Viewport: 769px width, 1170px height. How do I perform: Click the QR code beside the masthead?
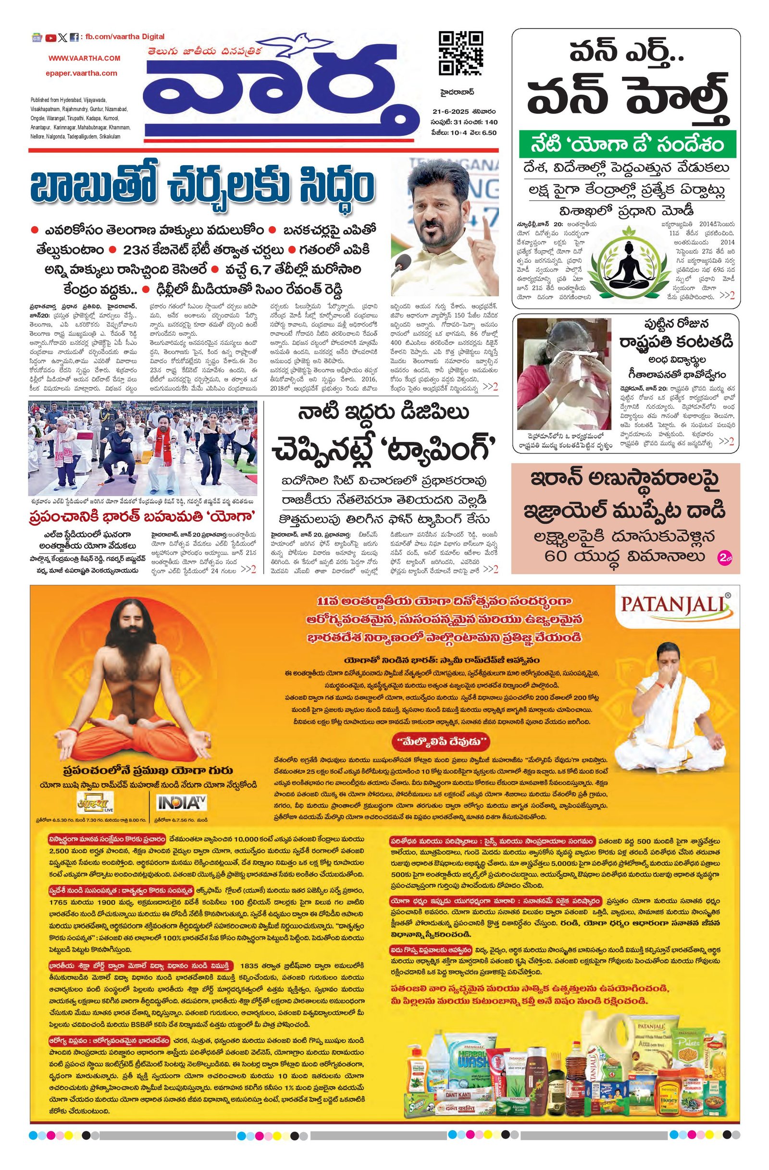[x=460, y=53]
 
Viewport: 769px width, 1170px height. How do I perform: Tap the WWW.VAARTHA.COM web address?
[x=84, y=58]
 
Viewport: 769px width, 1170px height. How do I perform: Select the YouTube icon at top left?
[x=50, y=37]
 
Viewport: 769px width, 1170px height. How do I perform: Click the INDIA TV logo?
[x=180, y=803]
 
